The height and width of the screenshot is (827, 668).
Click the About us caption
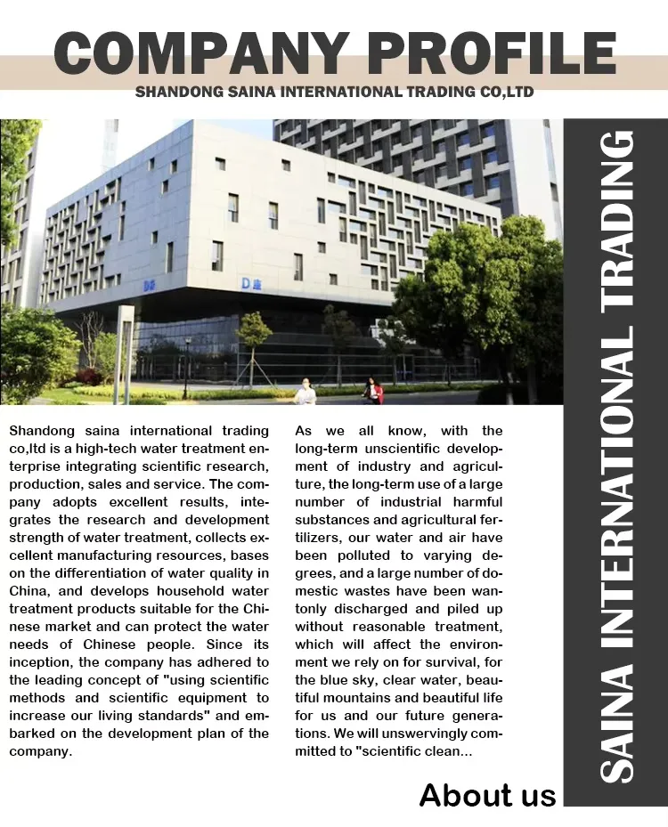coord(487,794)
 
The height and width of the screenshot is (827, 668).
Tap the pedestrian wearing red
coord(373,390)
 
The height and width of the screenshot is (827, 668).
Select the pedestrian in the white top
coord(305,391)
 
